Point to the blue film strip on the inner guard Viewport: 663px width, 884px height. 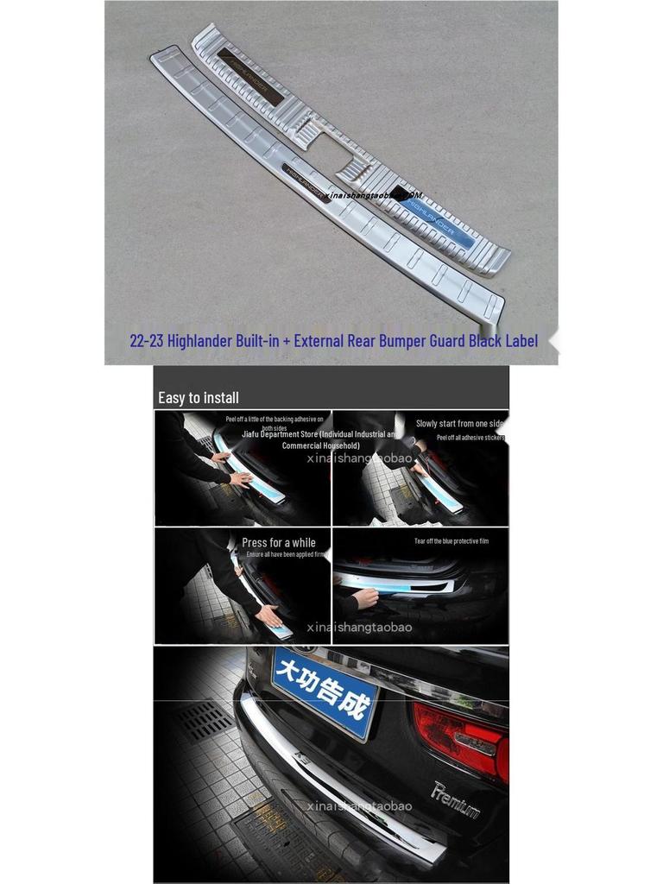pyautogui.click(x=440, y=224)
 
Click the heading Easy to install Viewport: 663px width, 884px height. pyautogui.click(x=199, y=398)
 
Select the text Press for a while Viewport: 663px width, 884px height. pyautogui.click(x=278, y=543)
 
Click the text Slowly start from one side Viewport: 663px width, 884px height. pyautogui.click(x=460, y=423)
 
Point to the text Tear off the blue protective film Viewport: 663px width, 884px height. pyautogui.click(x=451, y=541)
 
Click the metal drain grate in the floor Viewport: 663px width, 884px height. pyautogui.click(x=204, y=723)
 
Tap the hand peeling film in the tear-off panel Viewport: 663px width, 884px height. pyautogui.click(x=365, y=597)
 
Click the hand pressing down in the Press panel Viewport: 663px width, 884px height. pyautogui.click(x=268, y=615)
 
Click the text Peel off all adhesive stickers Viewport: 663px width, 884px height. pyautogui.click(x=470, y=438)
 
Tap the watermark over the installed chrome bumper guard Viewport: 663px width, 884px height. pyautogui.click(x=359, y=806)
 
